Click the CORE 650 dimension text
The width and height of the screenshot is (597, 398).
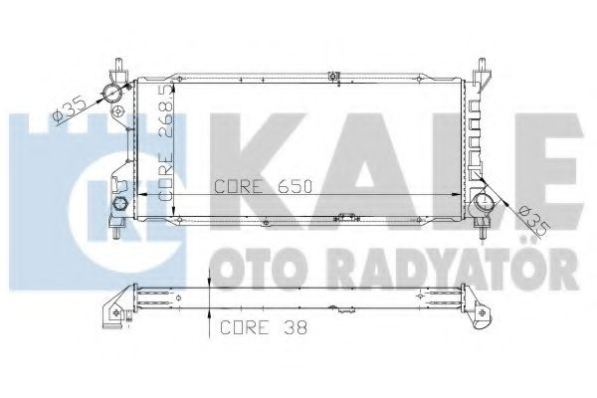[254, 185]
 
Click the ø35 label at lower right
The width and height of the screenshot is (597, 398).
[526, 218]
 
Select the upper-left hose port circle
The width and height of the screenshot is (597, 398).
[112, 93]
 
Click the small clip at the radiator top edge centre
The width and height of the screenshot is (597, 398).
[341, 74]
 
